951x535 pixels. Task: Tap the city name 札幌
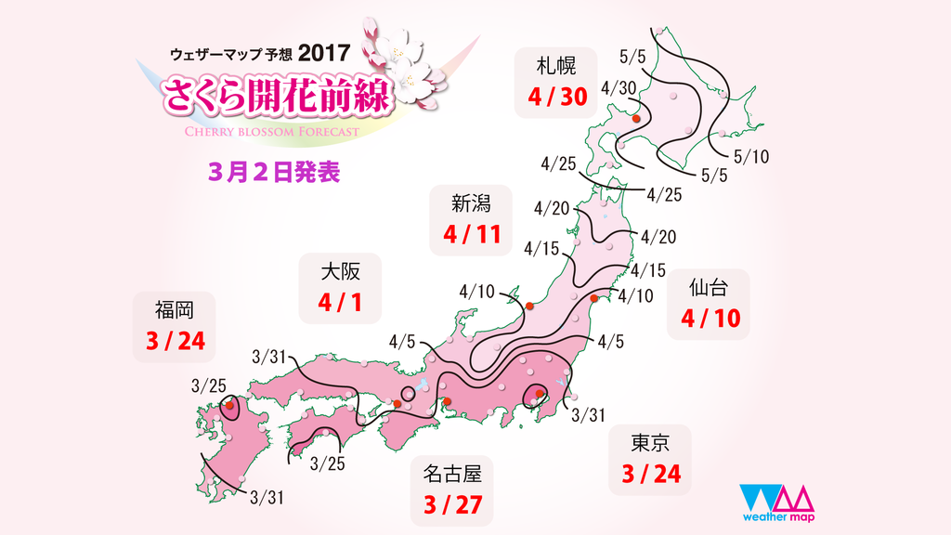[x=556, y=65]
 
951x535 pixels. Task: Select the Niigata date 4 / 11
[x=473, y=232]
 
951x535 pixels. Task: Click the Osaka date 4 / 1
[x=338, y=302]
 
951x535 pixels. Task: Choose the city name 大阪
[x=339, y=271]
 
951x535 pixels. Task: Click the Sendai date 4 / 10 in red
[x=710, y=319]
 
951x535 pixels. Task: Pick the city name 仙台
[x=709, y=287]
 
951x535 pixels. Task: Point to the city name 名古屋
[x=452, y=475]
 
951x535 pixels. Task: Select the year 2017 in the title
[x=324, y=54]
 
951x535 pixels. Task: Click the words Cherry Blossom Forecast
[x=258, y=132]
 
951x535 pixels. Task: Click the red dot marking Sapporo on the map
[x=636, y=119]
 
